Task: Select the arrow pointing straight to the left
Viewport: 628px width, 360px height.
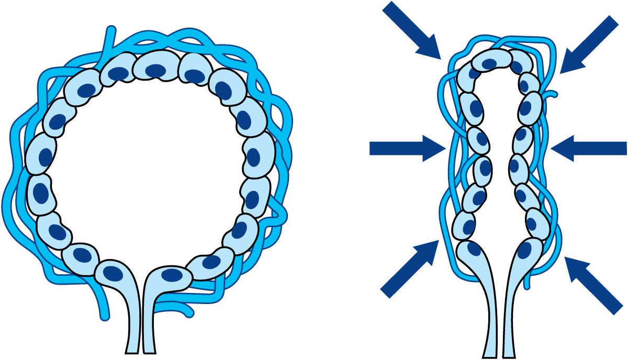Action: [x=589, y=149]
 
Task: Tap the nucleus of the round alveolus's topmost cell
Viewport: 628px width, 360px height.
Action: [x=155, y=70]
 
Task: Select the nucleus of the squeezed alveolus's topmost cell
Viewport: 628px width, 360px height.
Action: [x=489, y=64]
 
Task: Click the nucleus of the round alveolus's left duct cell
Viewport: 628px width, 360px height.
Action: [x=113, y=273]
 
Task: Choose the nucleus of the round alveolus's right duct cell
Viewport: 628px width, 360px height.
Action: [x=171, y=275]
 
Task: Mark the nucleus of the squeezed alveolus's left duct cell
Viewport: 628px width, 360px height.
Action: [x=474, y=249]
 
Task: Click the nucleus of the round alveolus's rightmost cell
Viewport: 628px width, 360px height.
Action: [x=253, y=157]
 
